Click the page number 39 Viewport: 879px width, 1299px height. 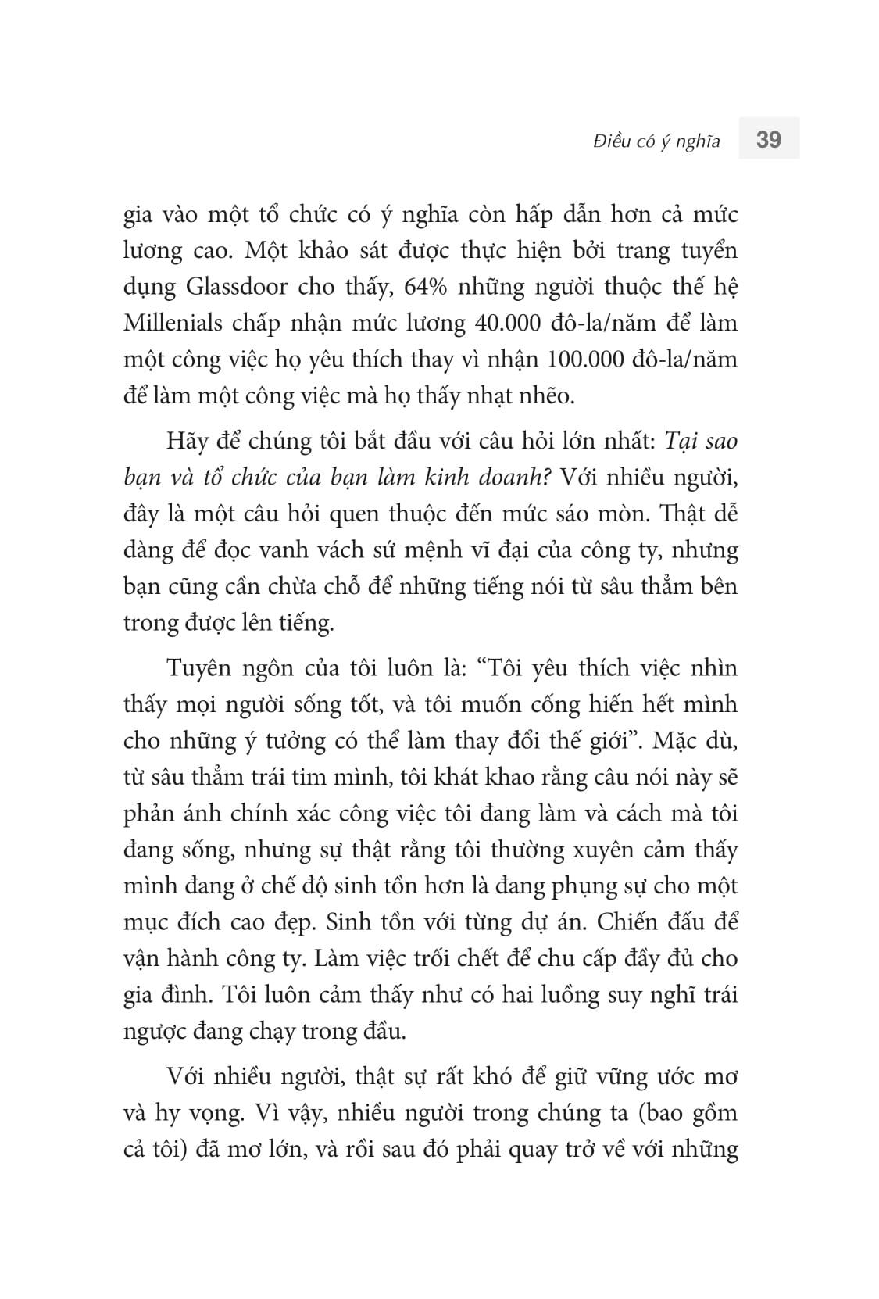[x=769, y=140]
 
